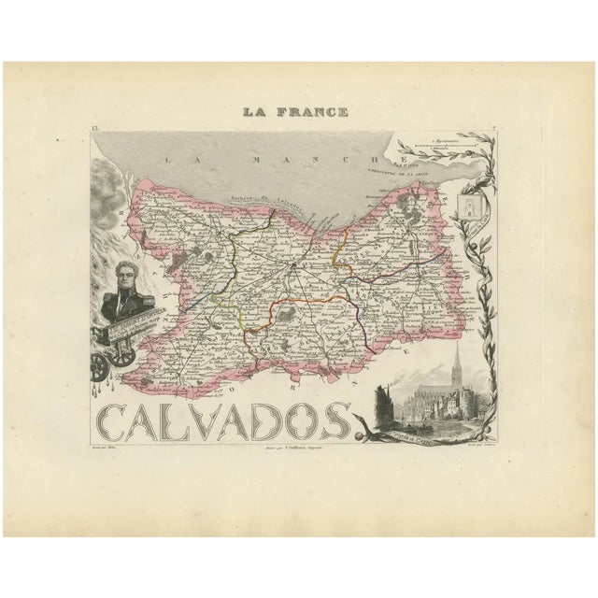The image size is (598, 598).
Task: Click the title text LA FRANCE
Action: click(296, 113)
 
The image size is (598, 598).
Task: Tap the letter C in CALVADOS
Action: click(118, 421)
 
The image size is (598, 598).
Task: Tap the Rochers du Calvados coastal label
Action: click(255, 200)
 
